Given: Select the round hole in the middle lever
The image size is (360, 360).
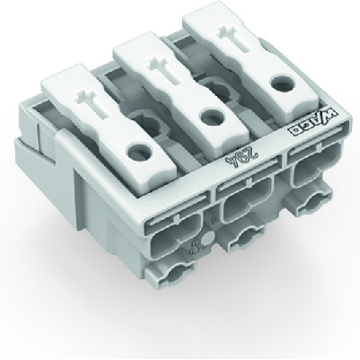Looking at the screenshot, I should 211,114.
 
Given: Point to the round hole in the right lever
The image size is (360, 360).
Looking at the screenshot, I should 271,83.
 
